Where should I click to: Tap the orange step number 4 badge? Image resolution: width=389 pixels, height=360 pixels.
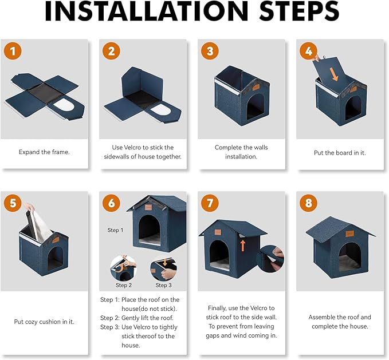click(x=309, y=51)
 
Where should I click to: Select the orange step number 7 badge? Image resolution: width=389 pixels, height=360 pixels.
click(x=210, y=203)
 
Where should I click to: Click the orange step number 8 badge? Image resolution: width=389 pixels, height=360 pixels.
click(x=309, y=203)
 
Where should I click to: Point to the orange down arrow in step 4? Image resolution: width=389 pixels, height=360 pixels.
click(x=334, y=72)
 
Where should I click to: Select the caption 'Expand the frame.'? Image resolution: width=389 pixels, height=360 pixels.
click(x=44, y=152)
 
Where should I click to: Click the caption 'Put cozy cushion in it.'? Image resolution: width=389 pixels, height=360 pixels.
click(x=44, y=322)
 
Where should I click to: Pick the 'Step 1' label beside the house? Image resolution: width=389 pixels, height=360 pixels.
click(x=115, y=230)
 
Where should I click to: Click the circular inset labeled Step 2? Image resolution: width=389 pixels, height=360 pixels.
click(x=123, y=267)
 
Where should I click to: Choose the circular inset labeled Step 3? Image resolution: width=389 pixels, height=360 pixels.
click(x=163, y=268)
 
